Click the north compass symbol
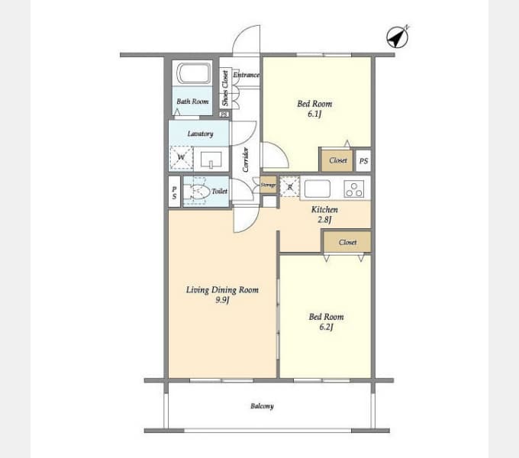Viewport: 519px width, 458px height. (398, 37)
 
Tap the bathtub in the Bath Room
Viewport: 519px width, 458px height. (194, 73)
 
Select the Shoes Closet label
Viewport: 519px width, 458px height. (225, 88)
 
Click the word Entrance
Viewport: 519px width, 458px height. (247, 75)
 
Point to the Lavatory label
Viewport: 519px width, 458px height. (200, 134)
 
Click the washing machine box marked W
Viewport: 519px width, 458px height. (181, 157)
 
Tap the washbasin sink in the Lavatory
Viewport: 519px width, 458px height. (211, 160)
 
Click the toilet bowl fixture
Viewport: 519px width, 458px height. (197, 192)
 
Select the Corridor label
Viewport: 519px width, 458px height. (246, 160)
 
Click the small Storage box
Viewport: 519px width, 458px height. (268, 185)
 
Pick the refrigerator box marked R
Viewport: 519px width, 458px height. (289, 187)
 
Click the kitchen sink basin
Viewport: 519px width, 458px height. (318, 189)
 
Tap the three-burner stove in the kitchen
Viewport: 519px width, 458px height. (354, 189)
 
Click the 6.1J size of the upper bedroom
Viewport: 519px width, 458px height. (314, 114)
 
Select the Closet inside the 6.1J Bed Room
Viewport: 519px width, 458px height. (337, 161)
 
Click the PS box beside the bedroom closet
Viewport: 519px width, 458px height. (363, 161)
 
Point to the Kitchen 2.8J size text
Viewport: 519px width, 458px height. (324, 219)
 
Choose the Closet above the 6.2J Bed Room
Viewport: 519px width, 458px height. (347, 242)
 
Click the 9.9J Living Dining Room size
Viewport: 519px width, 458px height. (222, 300)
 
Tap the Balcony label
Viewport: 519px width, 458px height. (262, 406)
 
